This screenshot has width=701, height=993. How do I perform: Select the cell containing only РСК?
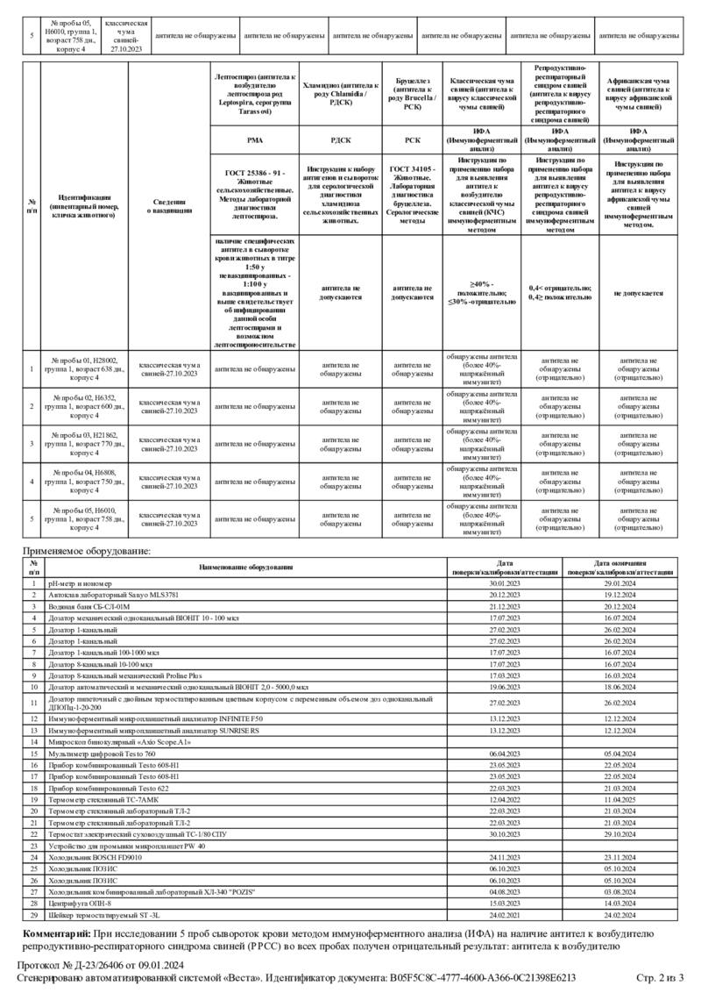(413, 139)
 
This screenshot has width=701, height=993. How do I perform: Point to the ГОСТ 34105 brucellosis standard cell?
(413, 191)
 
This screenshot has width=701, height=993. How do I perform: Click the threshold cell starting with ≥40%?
(481, 293)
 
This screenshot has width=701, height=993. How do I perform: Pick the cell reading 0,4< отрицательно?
(561, 293)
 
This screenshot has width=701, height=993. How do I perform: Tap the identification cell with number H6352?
(84, 406)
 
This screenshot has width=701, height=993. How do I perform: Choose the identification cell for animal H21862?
(84, 443)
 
